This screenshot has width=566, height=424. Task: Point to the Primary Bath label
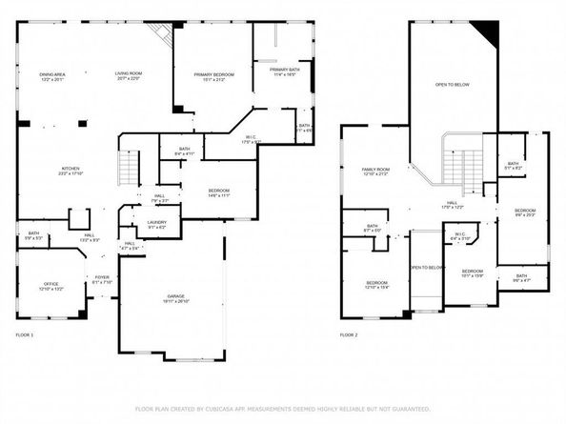(285, 71)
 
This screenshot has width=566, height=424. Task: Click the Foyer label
(102, 280)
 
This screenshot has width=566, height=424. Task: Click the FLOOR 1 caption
(25, 335)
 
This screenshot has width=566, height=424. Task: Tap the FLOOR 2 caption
(349, 335)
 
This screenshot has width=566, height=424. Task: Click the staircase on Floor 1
(124, 172)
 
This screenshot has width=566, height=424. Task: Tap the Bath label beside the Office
(33, 234)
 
